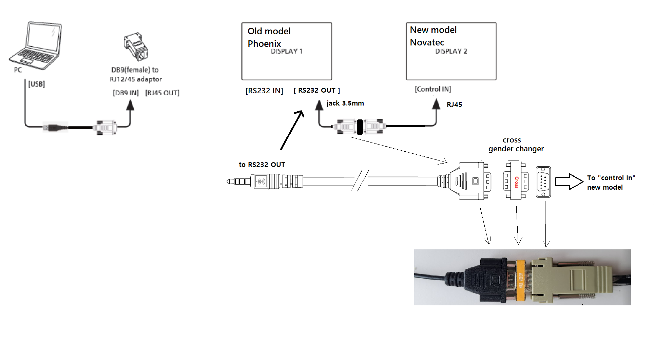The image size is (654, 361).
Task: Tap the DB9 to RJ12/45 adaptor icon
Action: (x=136, y=47)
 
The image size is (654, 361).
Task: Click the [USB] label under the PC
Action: (x=37, y=84)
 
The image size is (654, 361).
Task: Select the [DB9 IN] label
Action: (x=126, y=93)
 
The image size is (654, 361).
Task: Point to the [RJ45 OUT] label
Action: (x=162, y=93)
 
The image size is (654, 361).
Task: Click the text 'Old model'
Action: (x=269, y=31)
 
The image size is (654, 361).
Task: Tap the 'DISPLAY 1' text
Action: (x=286, y=51)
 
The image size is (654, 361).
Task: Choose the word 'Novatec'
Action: (x=427, y=42)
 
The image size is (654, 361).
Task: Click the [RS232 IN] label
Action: (x=264, y=91)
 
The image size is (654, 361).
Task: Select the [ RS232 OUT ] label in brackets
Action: (x=317, y=91)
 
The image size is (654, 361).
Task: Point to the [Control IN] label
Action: (x=433, y=89)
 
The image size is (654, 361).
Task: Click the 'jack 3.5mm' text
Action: (x=345, y=103)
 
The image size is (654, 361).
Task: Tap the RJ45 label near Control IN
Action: (x=455, y=104)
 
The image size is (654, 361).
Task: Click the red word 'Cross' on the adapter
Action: (x=517, y=182)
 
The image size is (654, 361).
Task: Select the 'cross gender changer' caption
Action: (x=516, y=145)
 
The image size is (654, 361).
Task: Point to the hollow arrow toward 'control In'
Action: (x=569, y=182)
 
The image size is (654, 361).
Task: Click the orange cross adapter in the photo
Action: (x=520, y=280)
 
